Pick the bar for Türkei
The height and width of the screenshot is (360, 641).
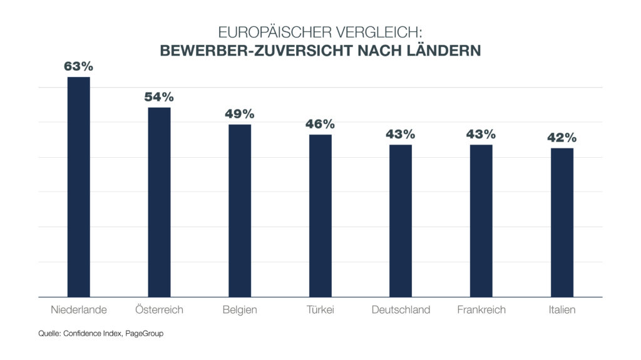[320, 215]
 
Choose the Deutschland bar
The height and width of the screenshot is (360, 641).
[401, 220]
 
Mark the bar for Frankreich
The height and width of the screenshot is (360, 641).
[481, 220]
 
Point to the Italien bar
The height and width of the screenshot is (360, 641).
[562, 222]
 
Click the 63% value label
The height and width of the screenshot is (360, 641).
[79, 66]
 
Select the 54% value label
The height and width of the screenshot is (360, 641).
[159, 97]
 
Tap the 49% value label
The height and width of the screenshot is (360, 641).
[240, 114]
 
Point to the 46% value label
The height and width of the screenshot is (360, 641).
[320, 124]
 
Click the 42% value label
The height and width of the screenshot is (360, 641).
[562, 138]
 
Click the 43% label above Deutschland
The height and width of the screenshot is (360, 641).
[401, 134]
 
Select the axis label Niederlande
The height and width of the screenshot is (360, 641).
[79, 310]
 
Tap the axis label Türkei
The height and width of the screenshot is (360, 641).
[320, 310]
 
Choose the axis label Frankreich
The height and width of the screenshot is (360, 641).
[481, 310]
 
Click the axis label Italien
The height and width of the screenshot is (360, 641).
[562, 310]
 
